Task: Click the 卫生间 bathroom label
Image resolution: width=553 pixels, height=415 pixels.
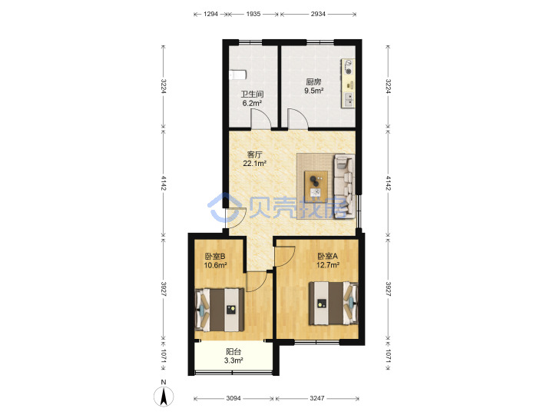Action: pos(252,95)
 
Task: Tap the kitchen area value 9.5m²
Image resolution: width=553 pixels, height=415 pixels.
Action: pos(314,91)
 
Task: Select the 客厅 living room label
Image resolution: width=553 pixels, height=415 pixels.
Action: pos(254,154)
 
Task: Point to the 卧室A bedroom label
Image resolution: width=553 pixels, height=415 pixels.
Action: pos(328,256)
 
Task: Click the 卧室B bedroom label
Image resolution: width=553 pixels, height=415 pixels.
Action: pos(215,256)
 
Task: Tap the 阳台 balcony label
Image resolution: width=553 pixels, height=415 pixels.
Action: pos(233,351)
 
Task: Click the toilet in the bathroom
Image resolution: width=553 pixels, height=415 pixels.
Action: pos(237,75)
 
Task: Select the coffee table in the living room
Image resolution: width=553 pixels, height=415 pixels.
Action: pos(316,184)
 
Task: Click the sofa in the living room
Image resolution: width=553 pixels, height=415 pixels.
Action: pos(345,186)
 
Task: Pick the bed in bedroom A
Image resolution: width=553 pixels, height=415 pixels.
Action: pos(333,303)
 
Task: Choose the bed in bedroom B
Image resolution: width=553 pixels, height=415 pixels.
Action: pos(220,310)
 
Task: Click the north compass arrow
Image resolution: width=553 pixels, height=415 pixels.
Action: pos(164,397)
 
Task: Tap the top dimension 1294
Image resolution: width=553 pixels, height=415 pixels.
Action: pos(210,14)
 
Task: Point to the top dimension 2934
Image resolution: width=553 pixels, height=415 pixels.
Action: pos(318,14)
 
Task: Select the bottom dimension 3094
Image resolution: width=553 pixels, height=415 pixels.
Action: pos(233,398)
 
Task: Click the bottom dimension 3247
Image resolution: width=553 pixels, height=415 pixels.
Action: pos(317,398)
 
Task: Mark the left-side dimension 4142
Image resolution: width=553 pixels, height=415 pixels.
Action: pos(164,183)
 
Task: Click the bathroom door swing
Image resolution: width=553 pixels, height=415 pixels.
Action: pos(261,118)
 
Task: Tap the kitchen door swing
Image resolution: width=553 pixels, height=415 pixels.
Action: pos(298,118)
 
